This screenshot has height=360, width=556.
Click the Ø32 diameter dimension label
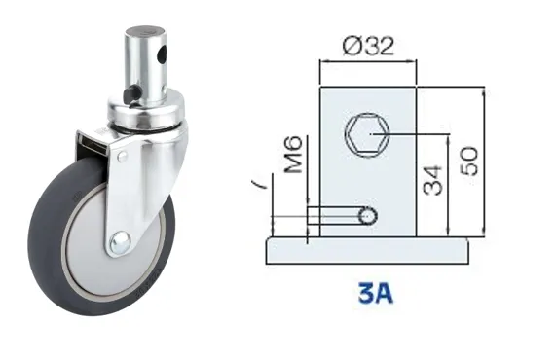368,47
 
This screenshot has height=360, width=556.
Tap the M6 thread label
294,155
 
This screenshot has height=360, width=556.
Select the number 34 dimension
433,180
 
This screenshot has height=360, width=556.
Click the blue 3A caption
376,293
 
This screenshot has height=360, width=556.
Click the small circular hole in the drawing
367,215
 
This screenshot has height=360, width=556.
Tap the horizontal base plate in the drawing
367,251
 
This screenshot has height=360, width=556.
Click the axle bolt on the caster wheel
121,242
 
